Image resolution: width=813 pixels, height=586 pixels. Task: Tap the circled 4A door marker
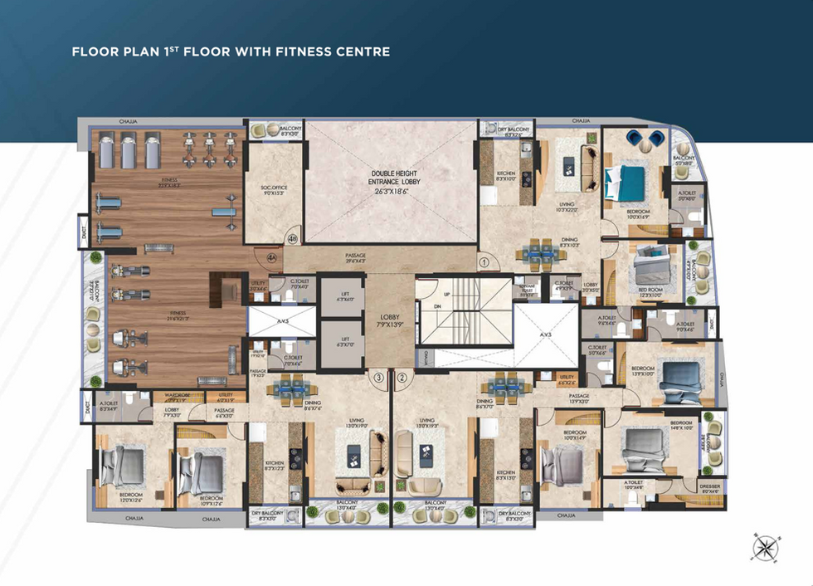point(272,258)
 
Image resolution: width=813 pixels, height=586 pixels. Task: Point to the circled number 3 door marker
point(379,378)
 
